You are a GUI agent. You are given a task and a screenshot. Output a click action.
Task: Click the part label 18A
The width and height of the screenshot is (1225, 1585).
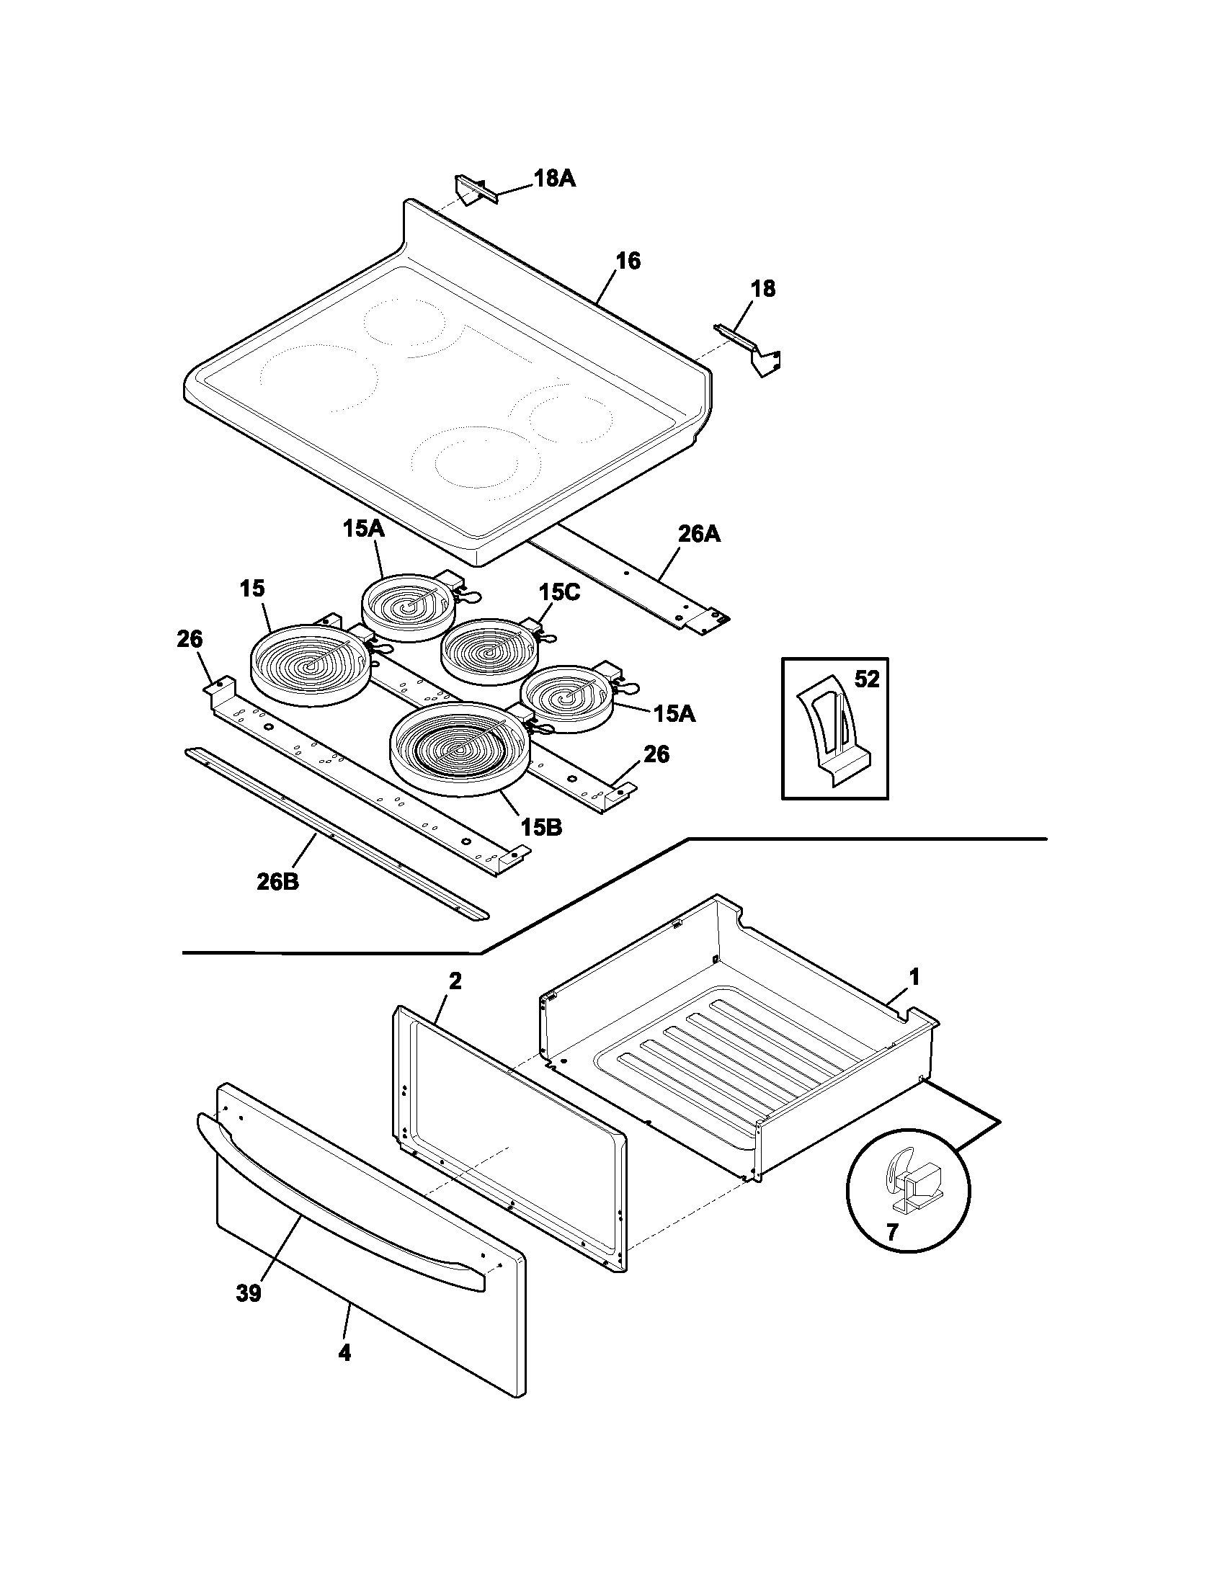554,179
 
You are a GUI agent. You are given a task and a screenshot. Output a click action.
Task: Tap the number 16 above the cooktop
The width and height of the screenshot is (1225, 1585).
628,262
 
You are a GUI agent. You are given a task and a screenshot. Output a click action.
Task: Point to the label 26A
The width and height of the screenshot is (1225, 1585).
699,535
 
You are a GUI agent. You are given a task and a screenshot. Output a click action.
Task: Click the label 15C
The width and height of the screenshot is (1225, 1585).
558,593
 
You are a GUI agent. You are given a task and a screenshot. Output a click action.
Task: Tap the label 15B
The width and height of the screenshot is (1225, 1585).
540,826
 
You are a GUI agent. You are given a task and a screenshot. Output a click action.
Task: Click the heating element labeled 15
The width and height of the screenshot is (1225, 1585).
310,664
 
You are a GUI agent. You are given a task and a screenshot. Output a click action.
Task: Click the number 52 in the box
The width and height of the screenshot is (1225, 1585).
866,679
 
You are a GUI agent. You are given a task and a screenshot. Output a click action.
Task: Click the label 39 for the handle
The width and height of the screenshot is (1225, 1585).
248,1293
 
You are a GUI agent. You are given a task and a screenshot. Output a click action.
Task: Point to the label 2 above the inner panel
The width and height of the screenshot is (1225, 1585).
455,981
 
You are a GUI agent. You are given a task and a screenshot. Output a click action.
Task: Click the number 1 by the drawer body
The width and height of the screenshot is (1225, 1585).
914,978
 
